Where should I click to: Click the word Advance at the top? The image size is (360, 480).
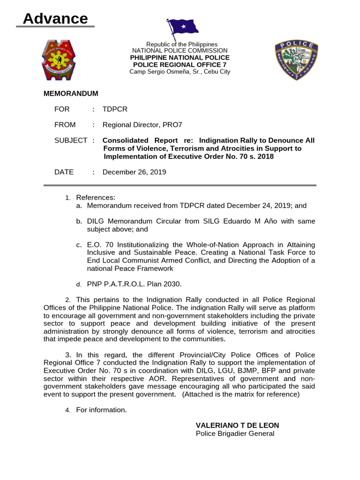55,19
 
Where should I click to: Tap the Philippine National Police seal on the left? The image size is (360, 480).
59,59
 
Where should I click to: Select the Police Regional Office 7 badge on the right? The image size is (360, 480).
296,60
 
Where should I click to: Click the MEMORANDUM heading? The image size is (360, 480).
71,94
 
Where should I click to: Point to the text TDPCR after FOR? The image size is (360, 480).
115,109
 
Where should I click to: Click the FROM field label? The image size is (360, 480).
65,125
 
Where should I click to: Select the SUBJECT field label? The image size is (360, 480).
71,140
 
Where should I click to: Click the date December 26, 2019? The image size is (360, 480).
134,172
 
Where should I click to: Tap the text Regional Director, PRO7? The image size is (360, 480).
142,125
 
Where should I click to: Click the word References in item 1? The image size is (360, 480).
96,197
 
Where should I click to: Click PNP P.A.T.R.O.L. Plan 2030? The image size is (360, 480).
134,284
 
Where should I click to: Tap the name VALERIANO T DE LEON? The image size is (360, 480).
237,425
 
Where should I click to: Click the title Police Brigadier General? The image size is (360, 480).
235,434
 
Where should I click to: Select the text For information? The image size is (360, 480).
101,410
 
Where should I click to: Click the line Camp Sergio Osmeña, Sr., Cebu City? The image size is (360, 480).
180,72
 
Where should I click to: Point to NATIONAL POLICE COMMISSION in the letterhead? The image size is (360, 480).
180,51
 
